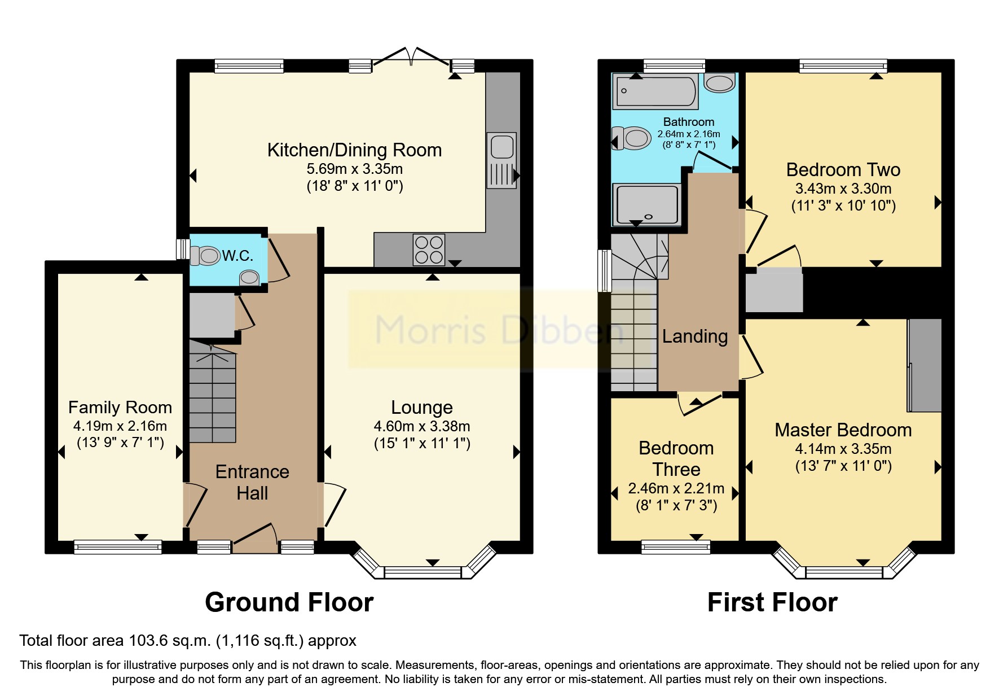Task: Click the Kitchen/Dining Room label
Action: (354, 150)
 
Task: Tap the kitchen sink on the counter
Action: (501, 159)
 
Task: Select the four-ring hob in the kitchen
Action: (429, 250)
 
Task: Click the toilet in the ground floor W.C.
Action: (205, 255)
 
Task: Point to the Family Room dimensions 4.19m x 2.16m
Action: (120, 426)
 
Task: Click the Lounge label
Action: (422, 407)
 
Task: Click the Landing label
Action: (695, 336)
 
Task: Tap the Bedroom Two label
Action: (843, 170)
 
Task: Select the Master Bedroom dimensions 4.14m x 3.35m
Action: (843, 449)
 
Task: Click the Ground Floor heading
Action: (289, 602)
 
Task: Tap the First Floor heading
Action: (772, 602)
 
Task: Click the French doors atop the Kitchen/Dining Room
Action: (412, 56)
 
